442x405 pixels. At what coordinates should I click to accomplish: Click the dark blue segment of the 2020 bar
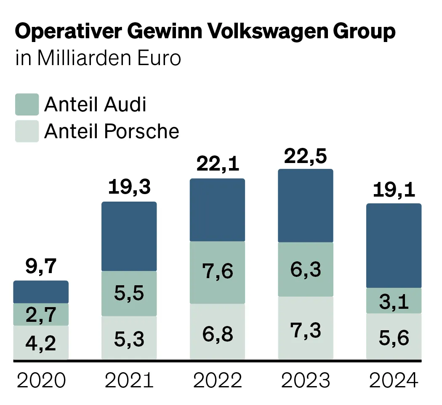(x=41, y=292)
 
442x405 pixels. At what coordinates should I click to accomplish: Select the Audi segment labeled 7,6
(x=217, y=272)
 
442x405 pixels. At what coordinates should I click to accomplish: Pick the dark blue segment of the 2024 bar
(x=394, y=246)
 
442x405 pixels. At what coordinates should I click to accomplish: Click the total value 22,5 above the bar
(x=306, y=157)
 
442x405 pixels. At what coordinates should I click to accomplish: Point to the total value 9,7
(x=41, y=267)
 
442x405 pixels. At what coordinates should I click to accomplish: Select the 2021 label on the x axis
(x=129, y=381)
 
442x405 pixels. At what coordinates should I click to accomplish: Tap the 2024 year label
(x=394, y=381)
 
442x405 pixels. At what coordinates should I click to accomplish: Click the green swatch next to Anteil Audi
(x=27, y=105)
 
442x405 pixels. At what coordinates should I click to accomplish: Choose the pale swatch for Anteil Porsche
(x=27, y=131)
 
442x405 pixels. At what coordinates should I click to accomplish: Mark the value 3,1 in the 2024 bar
(x=394, y=301)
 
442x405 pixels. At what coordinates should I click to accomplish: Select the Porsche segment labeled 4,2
(x=41, y=343)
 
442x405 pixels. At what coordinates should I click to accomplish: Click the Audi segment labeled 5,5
(x=129, y=293)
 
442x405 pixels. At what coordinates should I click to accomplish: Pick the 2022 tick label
(x=217, y=381)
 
